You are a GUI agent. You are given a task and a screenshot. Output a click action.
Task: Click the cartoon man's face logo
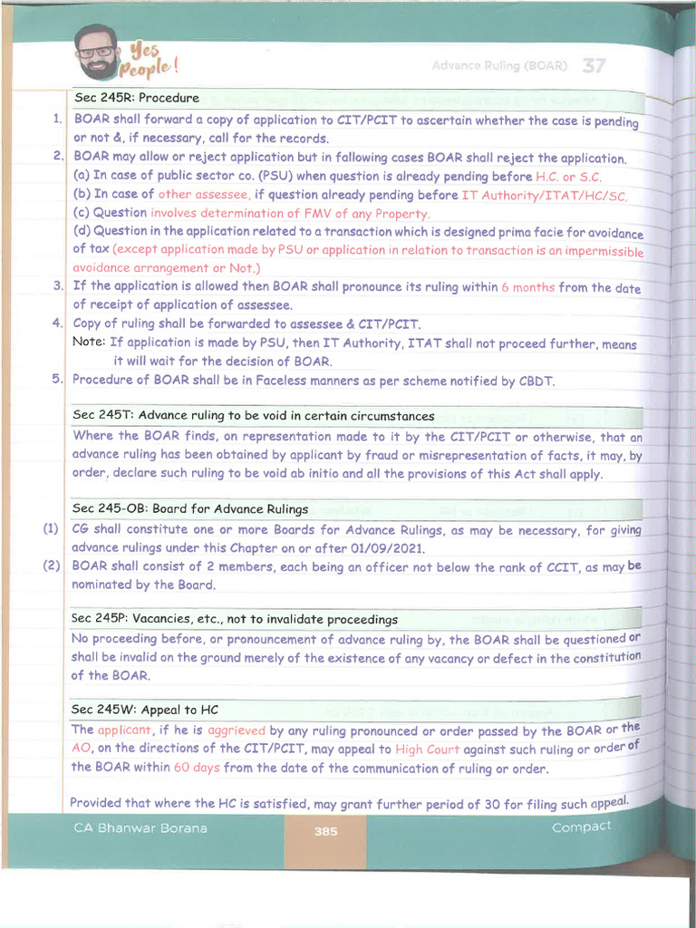click(x=96, y=52)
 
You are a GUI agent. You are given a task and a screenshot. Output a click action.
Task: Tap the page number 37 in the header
click(x=594, y=65)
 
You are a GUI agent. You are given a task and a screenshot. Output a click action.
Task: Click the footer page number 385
click(x=326, y=831)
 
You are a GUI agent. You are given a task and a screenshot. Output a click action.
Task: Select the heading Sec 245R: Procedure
click(x=136, y=98)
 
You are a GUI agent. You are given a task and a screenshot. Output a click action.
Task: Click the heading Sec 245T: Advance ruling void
click(x=253, y=415)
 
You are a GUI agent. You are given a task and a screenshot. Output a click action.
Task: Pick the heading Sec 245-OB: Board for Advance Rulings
click(x=189, y=508)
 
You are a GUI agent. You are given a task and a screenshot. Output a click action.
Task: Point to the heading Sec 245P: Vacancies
click(x=234, y=619)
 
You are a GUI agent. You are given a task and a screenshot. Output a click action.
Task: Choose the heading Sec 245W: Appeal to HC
click(x=144, y=709)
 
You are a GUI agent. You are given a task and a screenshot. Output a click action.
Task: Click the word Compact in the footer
click(x=581, y=826)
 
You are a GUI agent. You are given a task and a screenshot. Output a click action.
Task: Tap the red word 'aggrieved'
click(x=236, y=730)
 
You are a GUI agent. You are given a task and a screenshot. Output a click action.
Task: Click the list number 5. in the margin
click(x=57, y=379)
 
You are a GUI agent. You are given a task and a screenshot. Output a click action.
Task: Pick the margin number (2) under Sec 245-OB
click(x=51, y=566)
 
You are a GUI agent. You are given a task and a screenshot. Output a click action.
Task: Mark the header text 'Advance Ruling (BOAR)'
click(x=499, y=66)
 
